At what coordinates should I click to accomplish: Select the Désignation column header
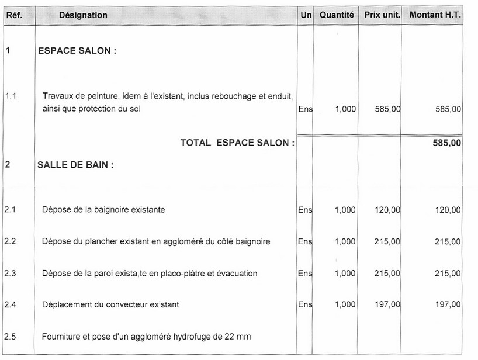pos(83,15)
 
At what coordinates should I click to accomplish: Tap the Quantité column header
pos(337,15)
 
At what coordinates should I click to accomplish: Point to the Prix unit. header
pos(382,15)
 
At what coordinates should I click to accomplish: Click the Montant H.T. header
pos(435,15)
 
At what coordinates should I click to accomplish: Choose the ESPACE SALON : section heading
pos(77,51)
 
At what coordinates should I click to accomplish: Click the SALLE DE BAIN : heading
pos(75,165)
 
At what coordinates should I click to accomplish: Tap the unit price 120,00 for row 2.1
pos(387,210)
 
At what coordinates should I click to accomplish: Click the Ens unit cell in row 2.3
pos(305,273)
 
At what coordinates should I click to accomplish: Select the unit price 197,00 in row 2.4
pos(387,304)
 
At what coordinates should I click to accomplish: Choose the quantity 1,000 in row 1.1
pos(345,109)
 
